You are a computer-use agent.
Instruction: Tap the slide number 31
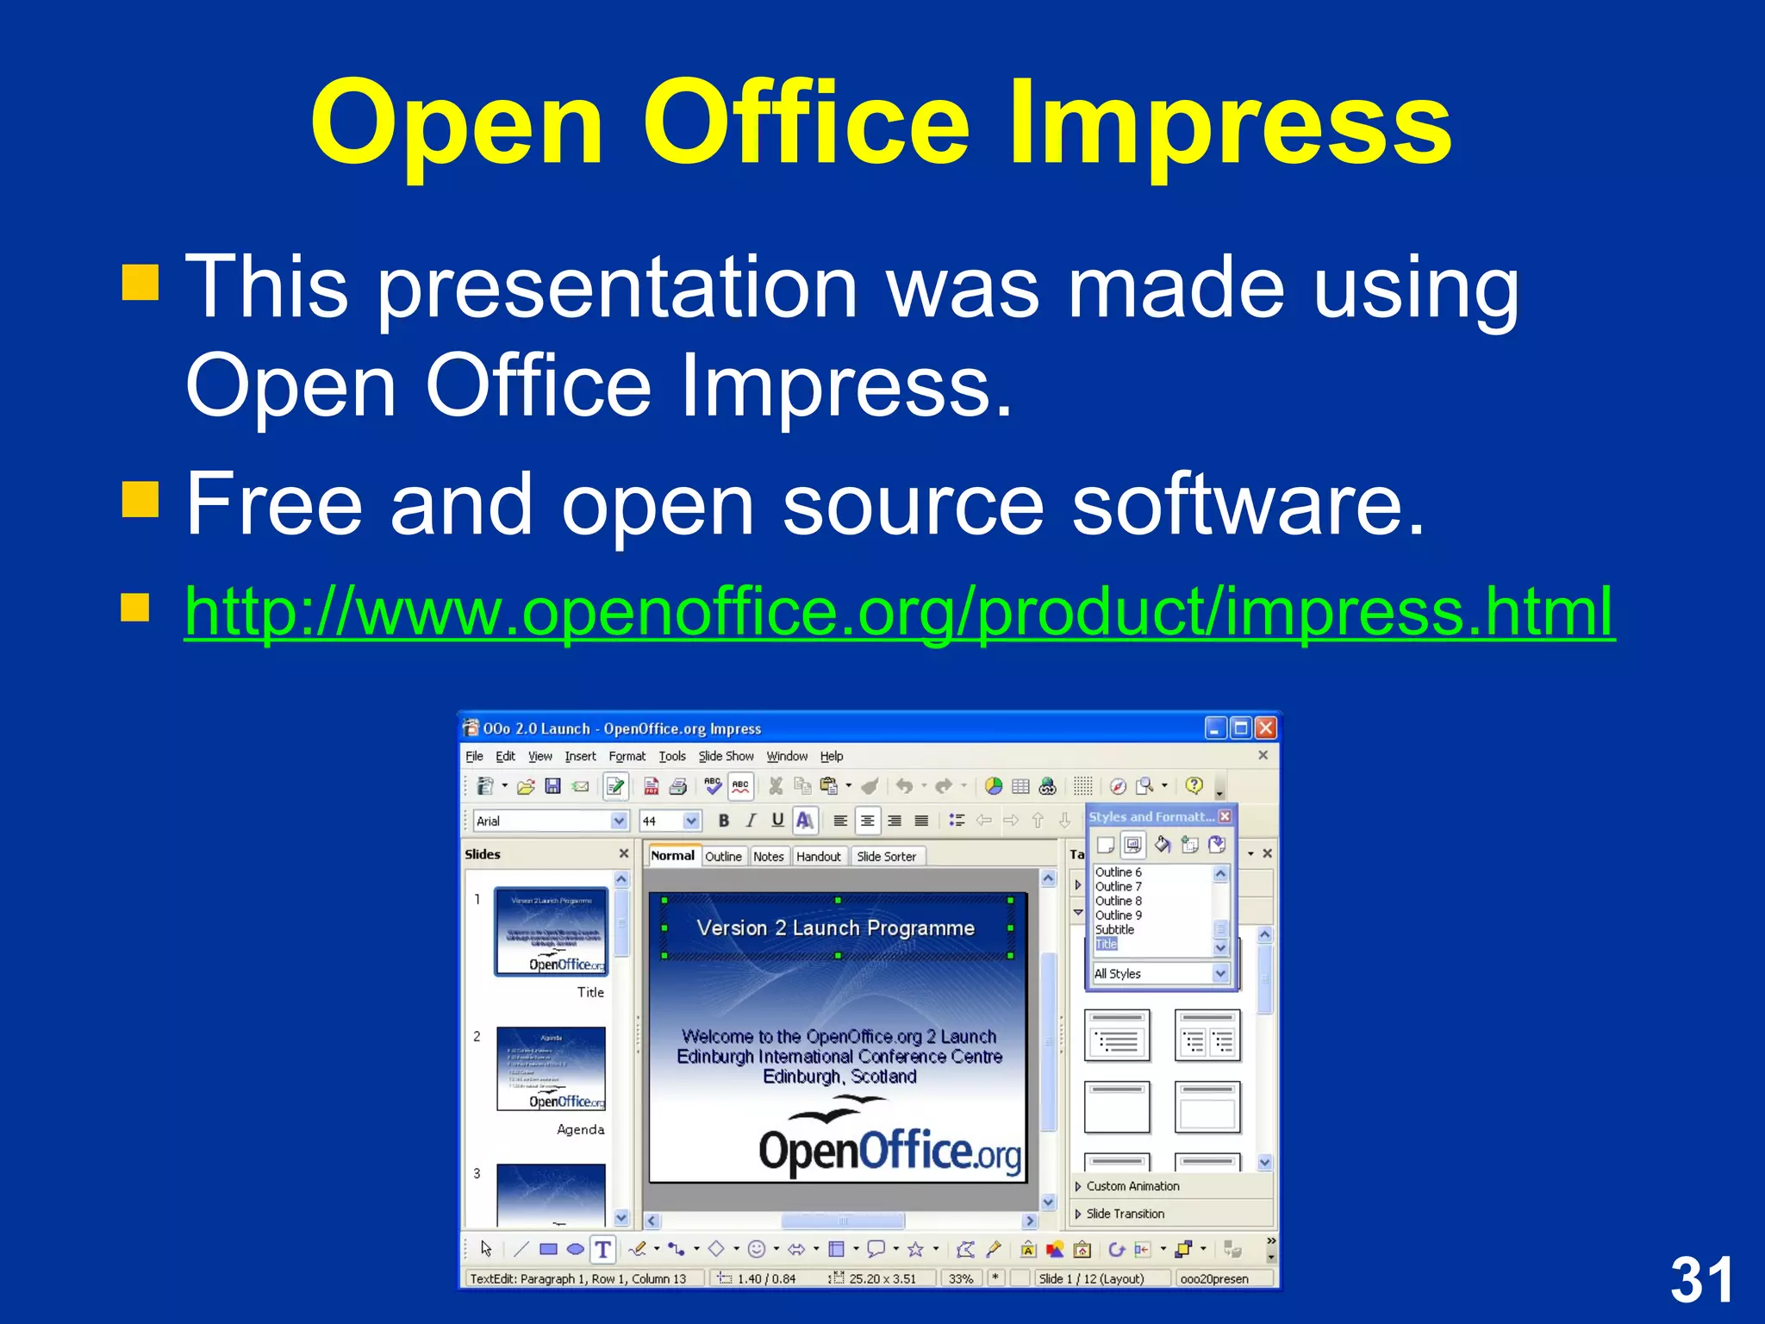[1701, 1279]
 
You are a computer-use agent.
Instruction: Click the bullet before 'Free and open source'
[140, 498]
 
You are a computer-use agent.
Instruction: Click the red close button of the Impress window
[1265, 728]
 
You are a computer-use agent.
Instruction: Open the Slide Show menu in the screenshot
[726, 756]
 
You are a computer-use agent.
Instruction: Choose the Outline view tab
[722, 856]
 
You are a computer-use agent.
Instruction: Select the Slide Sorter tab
[886, 856]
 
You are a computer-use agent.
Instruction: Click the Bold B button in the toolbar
[724, 821]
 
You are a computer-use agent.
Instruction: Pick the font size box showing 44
[660, 821]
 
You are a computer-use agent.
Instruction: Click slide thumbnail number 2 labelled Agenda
[551, 1069]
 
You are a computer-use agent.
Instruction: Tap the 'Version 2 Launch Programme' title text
[835, 927]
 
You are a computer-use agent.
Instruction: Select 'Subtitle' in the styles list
[1114, 929]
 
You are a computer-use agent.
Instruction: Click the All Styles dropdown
[1159, 973]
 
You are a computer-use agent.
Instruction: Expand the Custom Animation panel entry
[1132, 1186]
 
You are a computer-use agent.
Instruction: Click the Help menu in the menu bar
[831, 756]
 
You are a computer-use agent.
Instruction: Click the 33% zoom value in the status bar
[960, 1278]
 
